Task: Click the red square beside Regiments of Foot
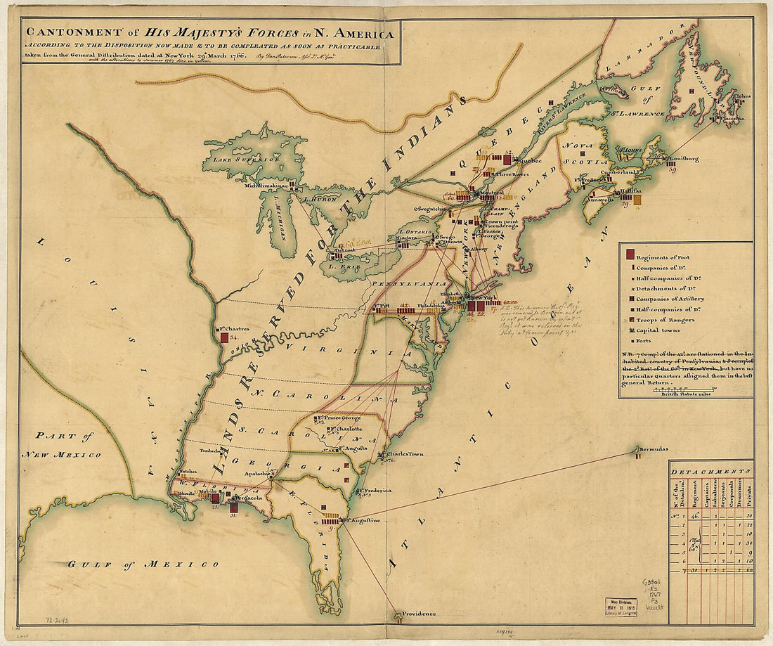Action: coord(630,254)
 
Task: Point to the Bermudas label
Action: coord(654,448)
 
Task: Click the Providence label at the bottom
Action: coord(419,614)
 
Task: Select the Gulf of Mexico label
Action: coord(143,564)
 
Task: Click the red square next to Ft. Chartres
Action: coord(224,337)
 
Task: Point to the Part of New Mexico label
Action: coord(61,445)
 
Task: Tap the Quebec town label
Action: coord(530,160)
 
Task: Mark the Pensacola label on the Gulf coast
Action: coord(250,498)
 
